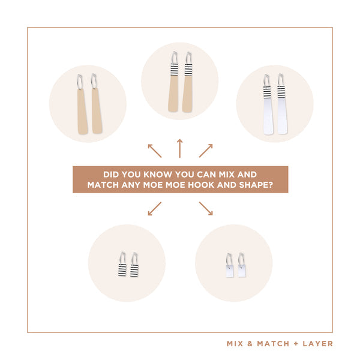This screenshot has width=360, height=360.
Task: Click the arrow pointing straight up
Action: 180,148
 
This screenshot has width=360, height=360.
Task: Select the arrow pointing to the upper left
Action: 155,151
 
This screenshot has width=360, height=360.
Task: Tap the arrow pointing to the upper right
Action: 206,151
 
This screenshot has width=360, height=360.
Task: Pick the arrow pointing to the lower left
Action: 155,209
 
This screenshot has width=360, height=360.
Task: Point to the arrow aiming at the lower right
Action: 206,209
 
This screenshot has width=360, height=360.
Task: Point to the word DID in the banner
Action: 111,175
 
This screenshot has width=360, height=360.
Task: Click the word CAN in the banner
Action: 206,175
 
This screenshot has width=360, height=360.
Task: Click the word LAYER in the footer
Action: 318,344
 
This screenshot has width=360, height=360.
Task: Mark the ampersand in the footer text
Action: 250,344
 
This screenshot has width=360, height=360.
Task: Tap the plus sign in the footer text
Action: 296,344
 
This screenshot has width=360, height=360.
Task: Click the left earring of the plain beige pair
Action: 82,104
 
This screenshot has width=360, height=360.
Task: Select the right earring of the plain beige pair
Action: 97,104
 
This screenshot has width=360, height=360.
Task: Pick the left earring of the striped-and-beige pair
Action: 174,82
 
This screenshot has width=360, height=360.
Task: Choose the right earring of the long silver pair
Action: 282,104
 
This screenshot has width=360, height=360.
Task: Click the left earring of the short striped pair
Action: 122,264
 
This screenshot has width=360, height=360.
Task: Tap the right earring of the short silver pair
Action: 242,265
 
